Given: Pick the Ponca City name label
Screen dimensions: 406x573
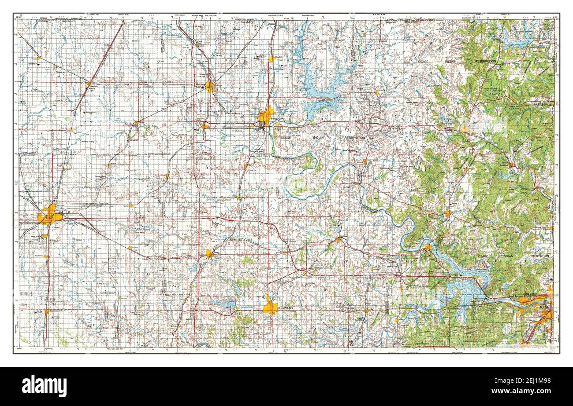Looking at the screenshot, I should pyautogui.click(x=279, y=119).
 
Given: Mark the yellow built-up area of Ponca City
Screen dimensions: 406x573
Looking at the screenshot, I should pyautogui.click(x=266, y=116).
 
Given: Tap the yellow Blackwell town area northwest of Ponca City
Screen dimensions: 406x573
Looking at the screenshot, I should pyautogui.click(x=210, y=87).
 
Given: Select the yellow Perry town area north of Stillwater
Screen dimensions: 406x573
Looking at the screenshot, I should pyautogui.click(x=209, y=253).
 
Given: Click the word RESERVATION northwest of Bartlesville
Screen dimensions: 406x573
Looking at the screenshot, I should pyautogui.click(x=485, y=61).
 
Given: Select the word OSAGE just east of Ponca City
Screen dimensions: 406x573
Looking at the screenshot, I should pyautogui.click(x=286, y=138).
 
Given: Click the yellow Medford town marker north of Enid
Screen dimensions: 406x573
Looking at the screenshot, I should pyautogui.click(x=89, y=84).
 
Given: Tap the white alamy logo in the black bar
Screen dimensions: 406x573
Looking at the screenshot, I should pyautogui.click(x=45, y=386).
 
